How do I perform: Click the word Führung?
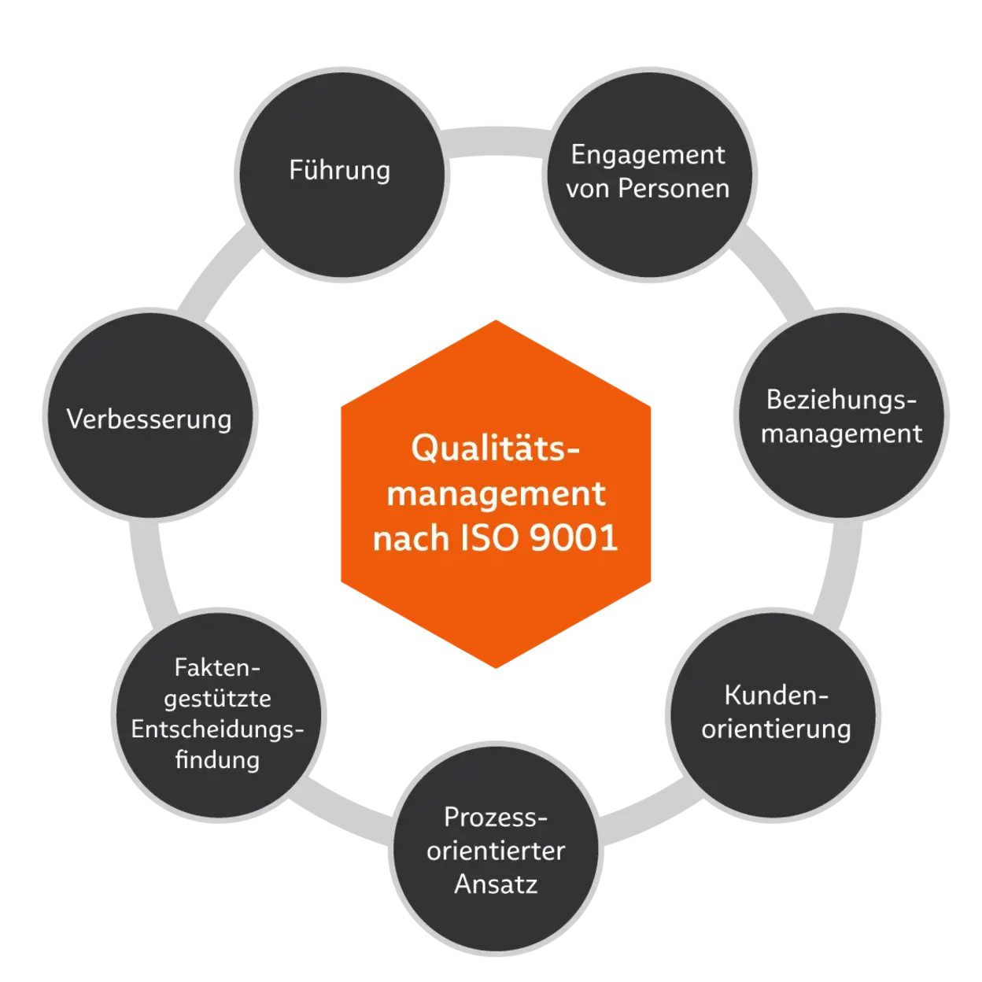tap(339, 171)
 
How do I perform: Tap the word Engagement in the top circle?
tap(648, 155)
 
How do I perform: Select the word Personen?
tap(673, 189)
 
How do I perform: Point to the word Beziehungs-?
tap(841, 400)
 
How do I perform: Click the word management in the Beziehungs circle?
tap(841, 434)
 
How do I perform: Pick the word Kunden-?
tap(776, 696)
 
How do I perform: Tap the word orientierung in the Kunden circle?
tap(776, 729)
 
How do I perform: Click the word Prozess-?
tap(495, 817)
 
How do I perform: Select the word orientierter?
tap(496, 851)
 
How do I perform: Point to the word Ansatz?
tap(496, 884)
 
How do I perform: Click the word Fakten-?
tap(217, 667)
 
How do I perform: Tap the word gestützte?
tap(217, 699)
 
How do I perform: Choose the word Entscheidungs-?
tap(217, 729)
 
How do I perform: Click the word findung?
tap(217, 760)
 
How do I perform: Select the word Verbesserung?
tap(149, 419)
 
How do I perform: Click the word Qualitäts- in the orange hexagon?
tap(495, 449)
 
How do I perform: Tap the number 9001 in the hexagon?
tap(574, 539)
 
